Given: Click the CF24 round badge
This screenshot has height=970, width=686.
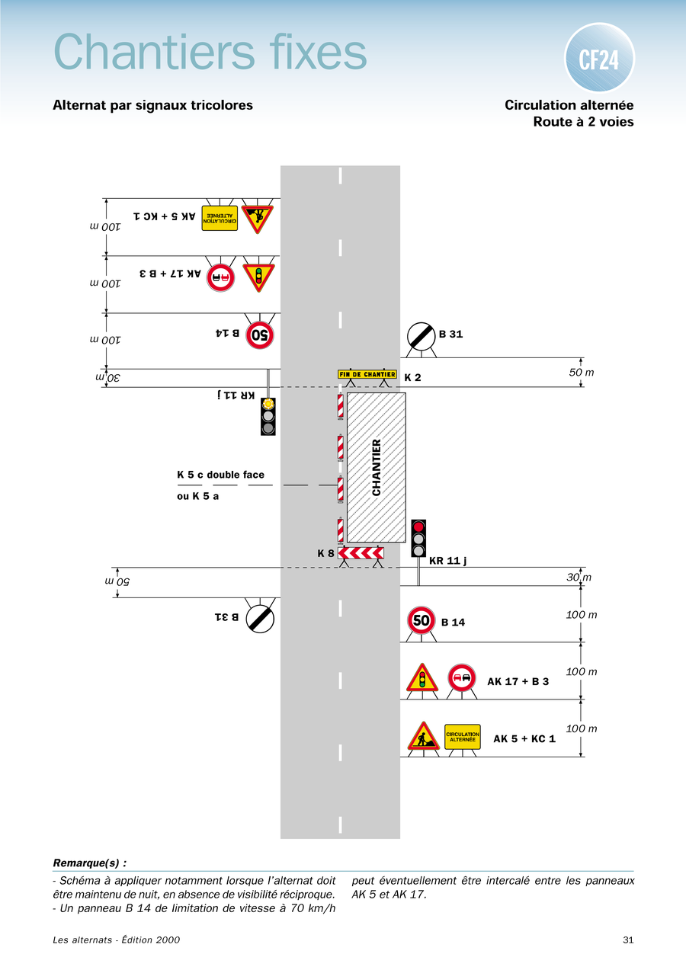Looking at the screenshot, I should (x=599, y=59).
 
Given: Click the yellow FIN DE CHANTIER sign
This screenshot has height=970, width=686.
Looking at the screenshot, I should (x=367, y=374).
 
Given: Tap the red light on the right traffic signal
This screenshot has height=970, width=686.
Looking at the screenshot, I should (x=418, y=527).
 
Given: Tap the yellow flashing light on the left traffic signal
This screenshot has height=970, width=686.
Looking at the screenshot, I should (x=268, y=405).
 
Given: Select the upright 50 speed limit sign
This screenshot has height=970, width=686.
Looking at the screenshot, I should (x=422, y=620).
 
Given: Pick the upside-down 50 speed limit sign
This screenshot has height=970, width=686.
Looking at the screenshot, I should (x=259, y=333).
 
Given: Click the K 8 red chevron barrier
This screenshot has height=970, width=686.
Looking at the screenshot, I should (x=361, y=553).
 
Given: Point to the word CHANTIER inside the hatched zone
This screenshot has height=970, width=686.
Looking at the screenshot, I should (x=377, y=467).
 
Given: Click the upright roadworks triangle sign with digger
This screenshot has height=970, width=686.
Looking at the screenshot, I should (x=423, y=737).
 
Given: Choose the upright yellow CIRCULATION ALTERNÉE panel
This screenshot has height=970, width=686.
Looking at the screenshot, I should (x=463, y=737).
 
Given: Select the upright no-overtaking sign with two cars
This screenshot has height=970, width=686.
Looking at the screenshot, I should (x=462, y=677).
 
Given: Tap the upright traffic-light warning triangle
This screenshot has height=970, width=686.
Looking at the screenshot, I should (x=422, y=677).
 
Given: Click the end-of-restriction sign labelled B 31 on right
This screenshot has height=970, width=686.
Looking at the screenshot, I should (x=421, y=335).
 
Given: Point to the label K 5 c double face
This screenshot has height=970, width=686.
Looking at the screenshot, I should (x=220, y=475).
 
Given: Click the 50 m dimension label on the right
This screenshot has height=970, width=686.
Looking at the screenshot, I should (x=582, y=372).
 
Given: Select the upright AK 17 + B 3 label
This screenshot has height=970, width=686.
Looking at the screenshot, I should (x=518, y=681).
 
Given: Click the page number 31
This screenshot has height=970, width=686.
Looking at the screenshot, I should (x=628, y=940).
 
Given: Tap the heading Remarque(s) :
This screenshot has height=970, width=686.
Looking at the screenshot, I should (x=89, y=863).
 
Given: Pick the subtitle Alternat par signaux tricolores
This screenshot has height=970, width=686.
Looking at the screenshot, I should (x=152, y=105).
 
